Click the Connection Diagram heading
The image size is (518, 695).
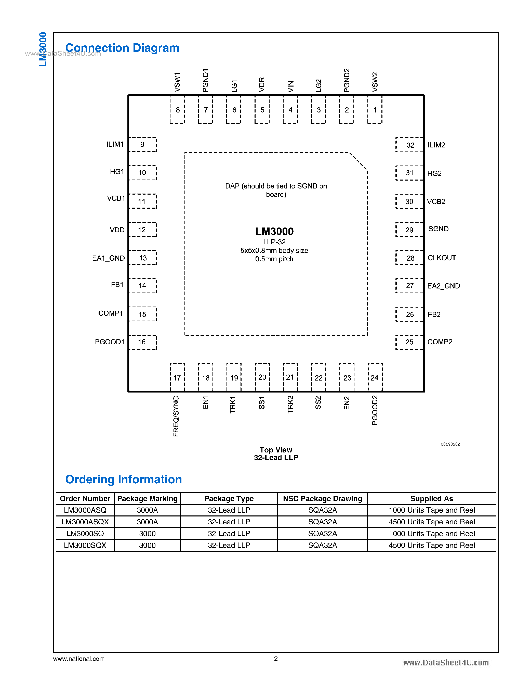[122, 48]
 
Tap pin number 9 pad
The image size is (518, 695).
[143, 145]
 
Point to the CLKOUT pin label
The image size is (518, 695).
[442, 258]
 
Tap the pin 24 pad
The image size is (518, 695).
[375, 377]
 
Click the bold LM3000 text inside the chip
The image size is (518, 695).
[274, 232]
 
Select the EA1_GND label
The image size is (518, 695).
[108, 258]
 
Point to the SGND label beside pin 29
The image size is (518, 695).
[438, 229]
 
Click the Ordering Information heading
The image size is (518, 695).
[124, 479]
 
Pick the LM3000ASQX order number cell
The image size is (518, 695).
[85, 522]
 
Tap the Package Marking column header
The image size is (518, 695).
[147, 499]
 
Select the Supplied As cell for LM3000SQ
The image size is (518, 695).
[431, 534]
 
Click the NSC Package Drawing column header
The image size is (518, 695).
[322, 499]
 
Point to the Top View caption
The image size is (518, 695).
[276, 450]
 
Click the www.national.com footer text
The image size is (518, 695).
[79, 659]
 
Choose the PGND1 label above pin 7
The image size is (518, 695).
[205, 80]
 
